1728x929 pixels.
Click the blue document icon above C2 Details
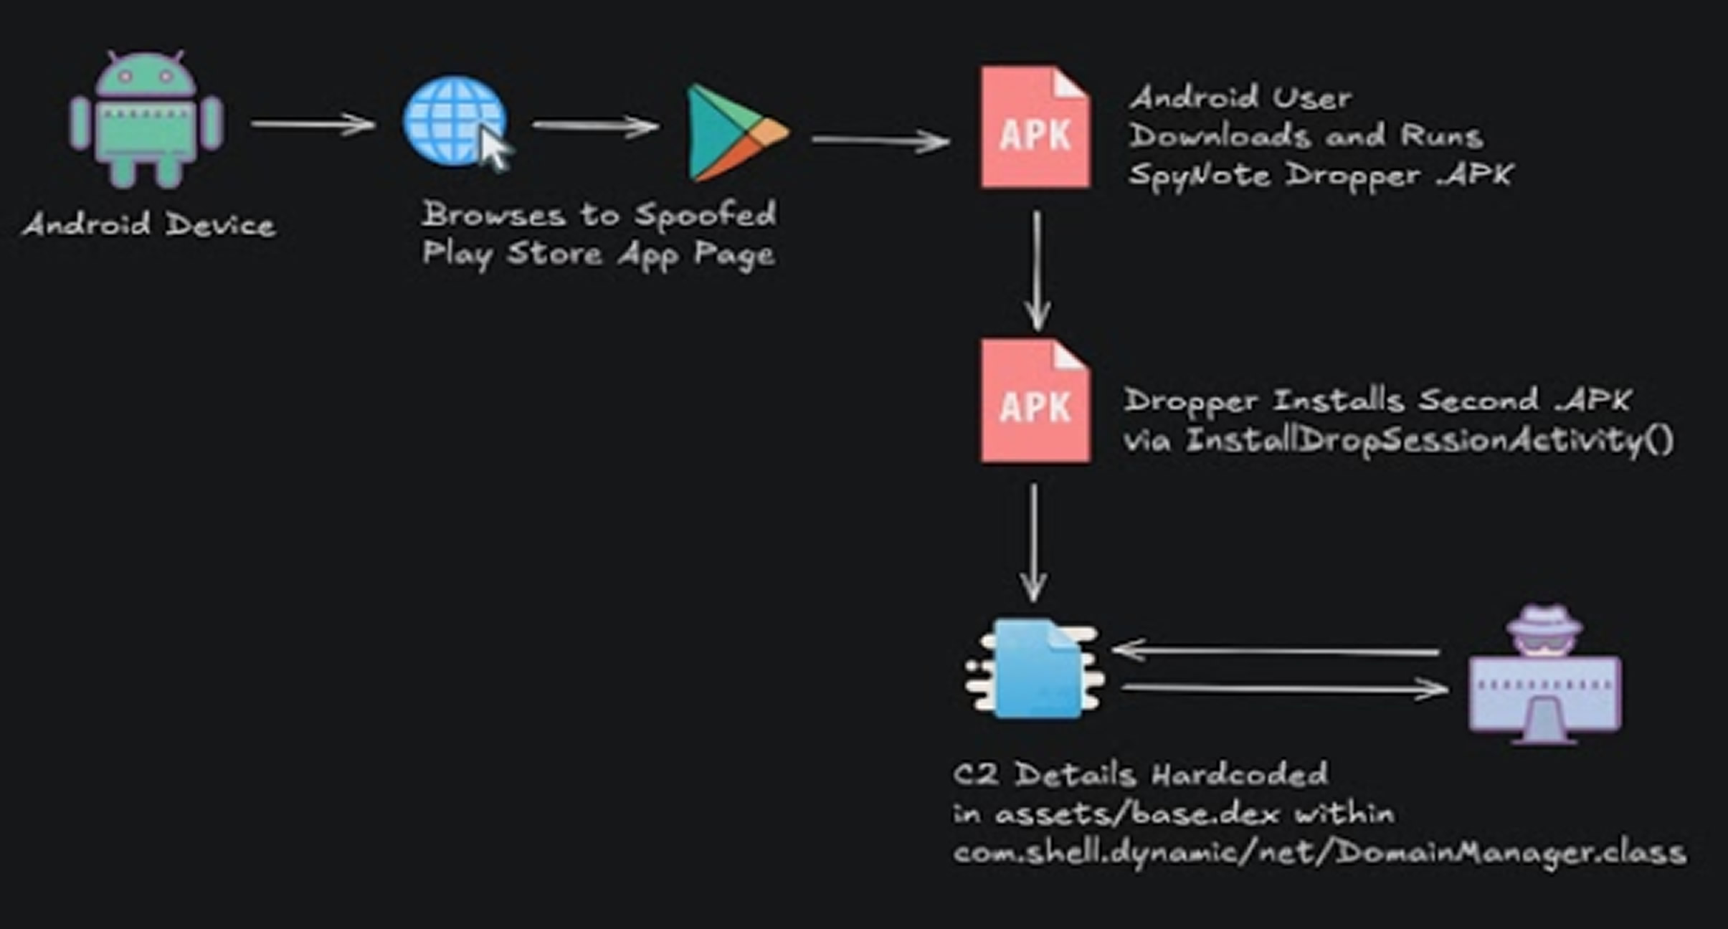coord(1035,669)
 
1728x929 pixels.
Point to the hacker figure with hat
coord(1544,674)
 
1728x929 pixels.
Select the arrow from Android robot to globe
coord(313,125)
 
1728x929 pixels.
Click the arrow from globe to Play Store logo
coord(595,127)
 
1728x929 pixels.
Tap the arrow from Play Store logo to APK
coord(880,140)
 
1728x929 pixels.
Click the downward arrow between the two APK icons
coord(1037,270)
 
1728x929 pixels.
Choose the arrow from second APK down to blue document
coord(1033,543)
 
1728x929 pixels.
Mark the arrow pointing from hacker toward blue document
coord(1276,652)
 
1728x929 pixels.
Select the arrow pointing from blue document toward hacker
coord(1285,689)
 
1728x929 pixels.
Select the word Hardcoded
coord(1240,774)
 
